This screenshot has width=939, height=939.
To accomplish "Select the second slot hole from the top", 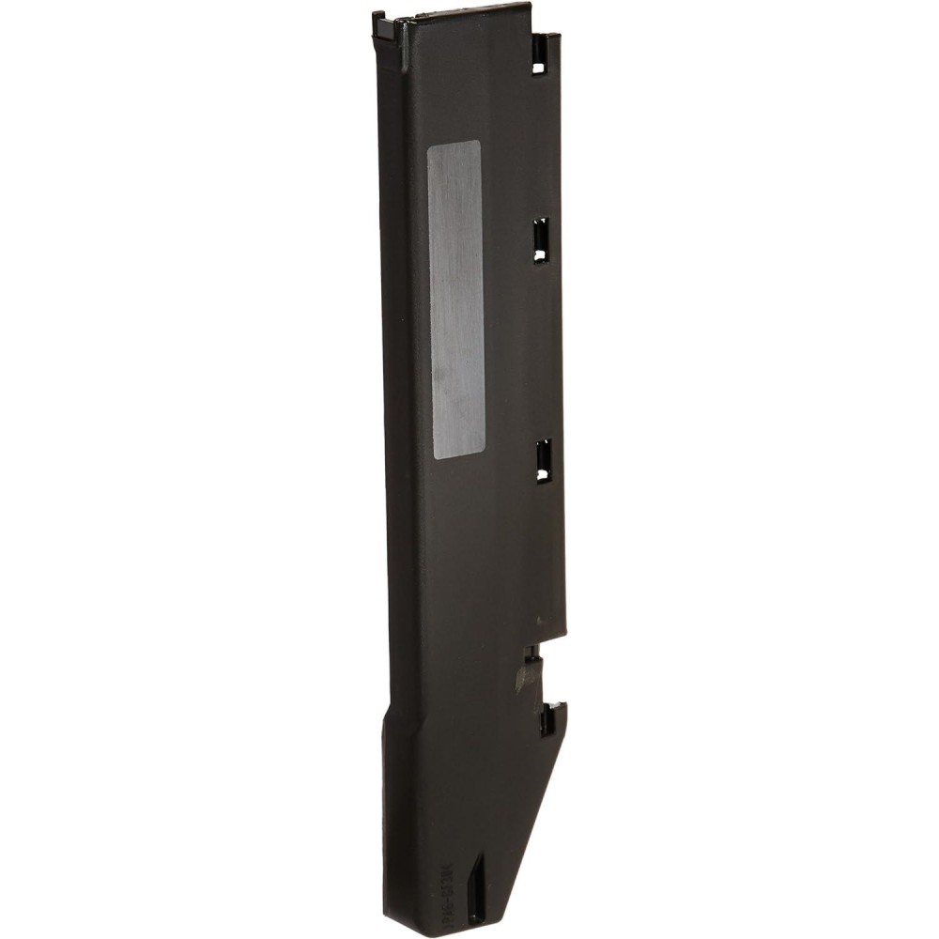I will pyautogui.click(x=541, y=240).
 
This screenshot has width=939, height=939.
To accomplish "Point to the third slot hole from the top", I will pyautogui.click(x=543, y=460).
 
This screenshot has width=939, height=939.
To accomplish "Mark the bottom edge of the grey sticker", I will pyautogui.click(x=458, y=456).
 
